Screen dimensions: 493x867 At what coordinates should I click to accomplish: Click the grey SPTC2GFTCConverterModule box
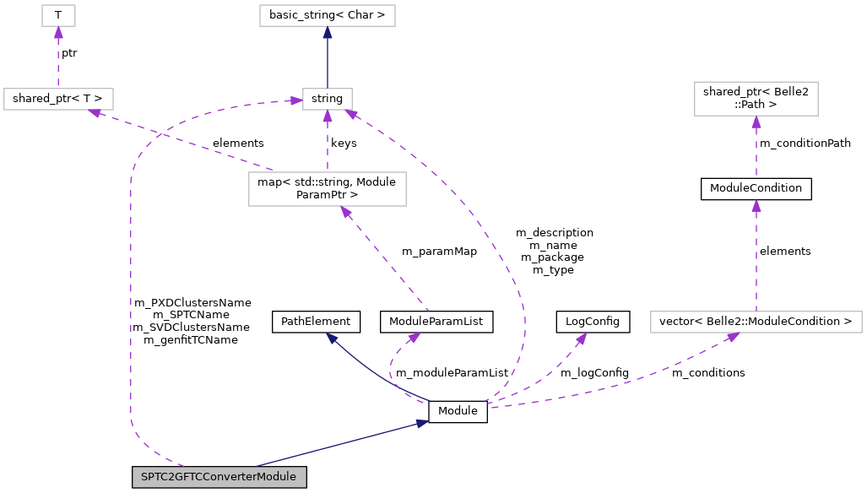(219, 477)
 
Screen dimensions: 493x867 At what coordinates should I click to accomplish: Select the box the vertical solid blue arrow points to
(327, 15)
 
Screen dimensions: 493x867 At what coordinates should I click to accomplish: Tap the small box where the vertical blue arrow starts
(327, 99)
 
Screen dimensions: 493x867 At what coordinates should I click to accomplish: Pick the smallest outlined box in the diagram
(58, 15)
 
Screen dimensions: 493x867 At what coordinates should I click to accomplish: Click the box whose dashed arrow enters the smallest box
(58, 99)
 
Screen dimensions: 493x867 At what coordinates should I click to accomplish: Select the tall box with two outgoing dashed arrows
(327, 188)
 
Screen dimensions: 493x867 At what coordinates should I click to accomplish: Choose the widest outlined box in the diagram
(756, 322)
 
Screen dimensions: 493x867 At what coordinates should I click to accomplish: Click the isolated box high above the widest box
(756, 99)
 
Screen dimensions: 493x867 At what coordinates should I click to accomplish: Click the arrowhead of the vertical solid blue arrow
(327, 32)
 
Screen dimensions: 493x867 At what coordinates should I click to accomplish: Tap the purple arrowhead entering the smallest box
(58, 32)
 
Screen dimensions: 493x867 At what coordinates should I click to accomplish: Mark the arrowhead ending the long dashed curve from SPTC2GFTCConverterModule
(295, 101)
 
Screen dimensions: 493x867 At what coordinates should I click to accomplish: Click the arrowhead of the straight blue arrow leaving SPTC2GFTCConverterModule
(421, 423)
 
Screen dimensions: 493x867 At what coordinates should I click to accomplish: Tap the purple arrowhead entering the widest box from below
(733, 337)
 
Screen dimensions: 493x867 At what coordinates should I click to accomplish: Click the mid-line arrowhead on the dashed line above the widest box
(756, 206)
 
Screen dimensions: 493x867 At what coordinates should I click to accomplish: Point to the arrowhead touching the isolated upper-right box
(756, 122)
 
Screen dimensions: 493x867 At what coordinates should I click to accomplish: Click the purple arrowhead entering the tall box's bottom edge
(345, 212)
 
